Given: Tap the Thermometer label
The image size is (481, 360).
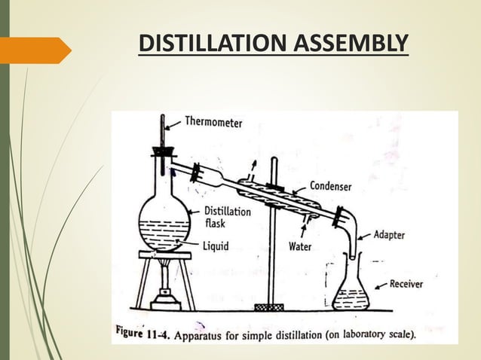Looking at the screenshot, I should click(213, 123).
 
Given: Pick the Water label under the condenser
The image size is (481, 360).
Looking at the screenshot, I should click(301, 246).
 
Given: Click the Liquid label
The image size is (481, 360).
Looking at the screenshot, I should click(219, 245).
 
